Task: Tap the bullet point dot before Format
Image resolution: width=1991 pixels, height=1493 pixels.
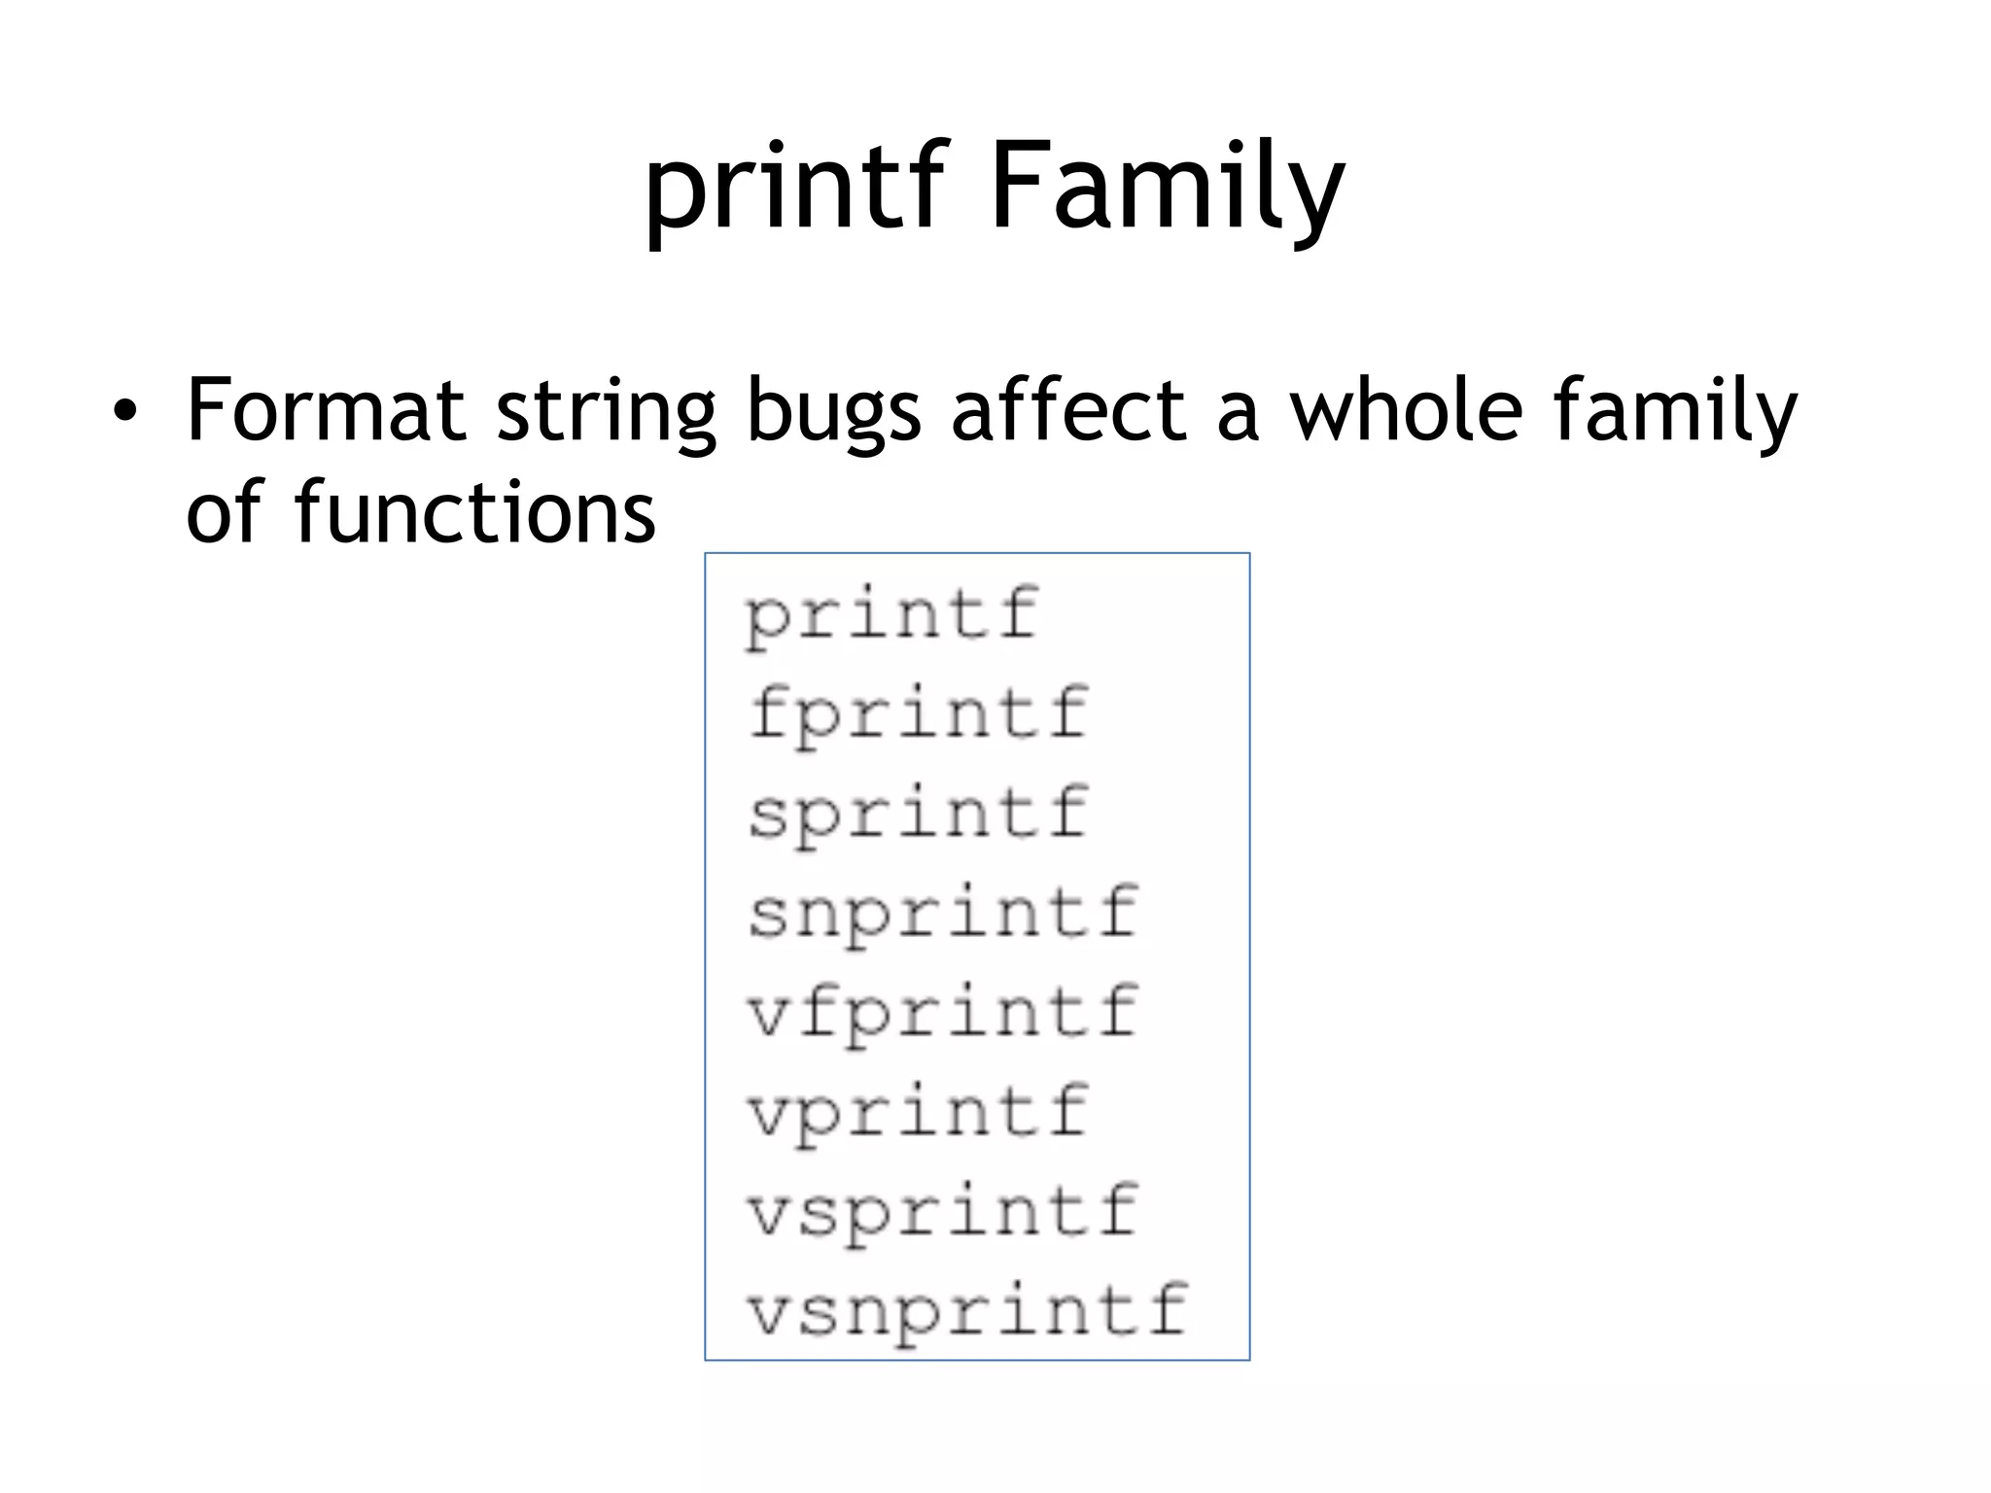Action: (x=123, y=412)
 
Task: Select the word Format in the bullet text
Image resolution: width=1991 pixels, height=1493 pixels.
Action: (x=325, y=409)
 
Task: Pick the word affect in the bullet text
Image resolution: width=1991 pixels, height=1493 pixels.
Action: (x=1068, y=409)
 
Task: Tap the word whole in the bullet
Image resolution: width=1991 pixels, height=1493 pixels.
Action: (x=1405, y=409)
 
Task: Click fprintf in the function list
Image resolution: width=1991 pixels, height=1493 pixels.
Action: (x=918, y=714)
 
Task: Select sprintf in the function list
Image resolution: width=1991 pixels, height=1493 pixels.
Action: (x=918, y=815)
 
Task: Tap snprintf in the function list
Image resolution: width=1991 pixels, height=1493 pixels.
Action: (x=942, y=914)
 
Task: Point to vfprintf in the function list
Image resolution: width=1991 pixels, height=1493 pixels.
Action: (x=942, y=1013)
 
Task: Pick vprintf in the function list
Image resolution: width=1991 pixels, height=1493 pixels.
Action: (x=918, y=1112)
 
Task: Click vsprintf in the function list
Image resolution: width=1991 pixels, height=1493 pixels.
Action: (x=942, y=1211)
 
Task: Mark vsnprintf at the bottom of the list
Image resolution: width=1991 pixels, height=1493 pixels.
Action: (x=967, y=1311)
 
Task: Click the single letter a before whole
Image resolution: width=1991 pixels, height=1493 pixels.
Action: (x=1238, y=412)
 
